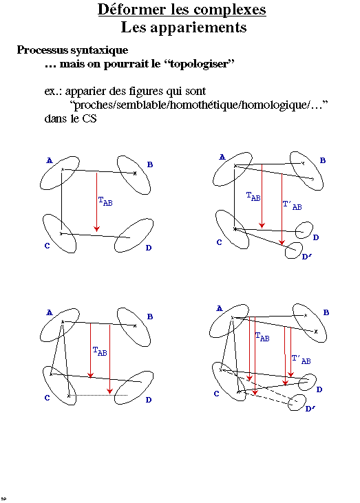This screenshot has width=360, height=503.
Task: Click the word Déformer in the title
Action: click(133, 10)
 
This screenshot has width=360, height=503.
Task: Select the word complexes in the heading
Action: click(230, 10)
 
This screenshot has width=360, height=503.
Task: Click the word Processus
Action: click(43, 50)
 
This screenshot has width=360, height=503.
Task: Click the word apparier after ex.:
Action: click(85, 92)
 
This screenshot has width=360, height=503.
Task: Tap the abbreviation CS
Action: click(89, 118)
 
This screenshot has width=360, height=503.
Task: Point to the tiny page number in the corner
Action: click(4, 498)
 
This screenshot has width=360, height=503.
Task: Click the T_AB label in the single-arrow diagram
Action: click(105, 201)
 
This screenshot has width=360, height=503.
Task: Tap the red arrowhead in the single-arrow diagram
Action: click(96, 228)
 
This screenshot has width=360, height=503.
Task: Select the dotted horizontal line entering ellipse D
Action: click(98, 396)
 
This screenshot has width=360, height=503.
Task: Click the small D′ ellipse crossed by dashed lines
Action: click(297, 403)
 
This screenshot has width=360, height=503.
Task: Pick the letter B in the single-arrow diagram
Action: click(150, 164)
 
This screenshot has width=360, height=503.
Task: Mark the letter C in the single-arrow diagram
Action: click(47, 246)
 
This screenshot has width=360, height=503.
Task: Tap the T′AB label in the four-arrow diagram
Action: click(301, 359)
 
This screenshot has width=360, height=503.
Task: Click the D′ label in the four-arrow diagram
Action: click(310, 409)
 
